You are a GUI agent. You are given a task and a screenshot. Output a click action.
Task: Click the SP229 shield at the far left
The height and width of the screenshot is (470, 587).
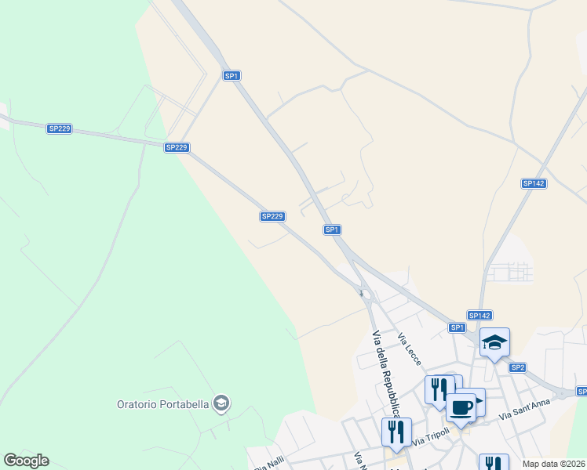coord(60,128)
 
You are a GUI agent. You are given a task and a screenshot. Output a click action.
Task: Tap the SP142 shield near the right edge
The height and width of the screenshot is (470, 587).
coord(533,183)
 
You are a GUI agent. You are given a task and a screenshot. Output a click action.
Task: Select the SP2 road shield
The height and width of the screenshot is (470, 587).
coord(517,367)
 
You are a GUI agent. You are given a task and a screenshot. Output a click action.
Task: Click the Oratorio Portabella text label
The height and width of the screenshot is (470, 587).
coord(162,404)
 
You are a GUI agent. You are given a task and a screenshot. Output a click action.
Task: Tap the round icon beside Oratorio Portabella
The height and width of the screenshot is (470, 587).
coord(221,403)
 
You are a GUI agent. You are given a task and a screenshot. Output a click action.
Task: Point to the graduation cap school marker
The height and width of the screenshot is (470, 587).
coord(494,342)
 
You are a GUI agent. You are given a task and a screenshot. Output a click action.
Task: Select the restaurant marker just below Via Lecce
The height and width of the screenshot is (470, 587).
coord(439,388)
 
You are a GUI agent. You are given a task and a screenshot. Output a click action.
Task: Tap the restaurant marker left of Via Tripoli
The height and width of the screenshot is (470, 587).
coord(395,431)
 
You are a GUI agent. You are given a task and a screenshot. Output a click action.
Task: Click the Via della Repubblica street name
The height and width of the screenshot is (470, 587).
coord(385,373)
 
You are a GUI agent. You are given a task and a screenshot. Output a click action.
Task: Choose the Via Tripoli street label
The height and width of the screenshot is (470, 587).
coord(431,436)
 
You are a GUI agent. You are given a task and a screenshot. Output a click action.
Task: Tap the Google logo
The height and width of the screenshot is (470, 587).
coord(26,461)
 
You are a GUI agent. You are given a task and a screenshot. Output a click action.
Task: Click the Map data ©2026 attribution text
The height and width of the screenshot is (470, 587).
coord(553,464)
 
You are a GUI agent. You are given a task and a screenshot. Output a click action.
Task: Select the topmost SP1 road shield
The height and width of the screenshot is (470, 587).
coord(231,75)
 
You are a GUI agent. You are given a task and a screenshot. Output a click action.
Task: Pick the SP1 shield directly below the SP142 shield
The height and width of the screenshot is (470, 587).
coord(458,327)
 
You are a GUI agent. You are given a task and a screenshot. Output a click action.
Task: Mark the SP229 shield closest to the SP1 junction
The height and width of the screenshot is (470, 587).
coord(272,216)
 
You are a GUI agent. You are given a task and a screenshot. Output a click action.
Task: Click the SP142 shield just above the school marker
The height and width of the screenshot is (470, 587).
coord(479,315)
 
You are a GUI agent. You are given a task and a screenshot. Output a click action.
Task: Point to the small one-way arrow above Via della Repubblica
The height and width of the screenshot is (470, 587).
coord(362,294)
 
